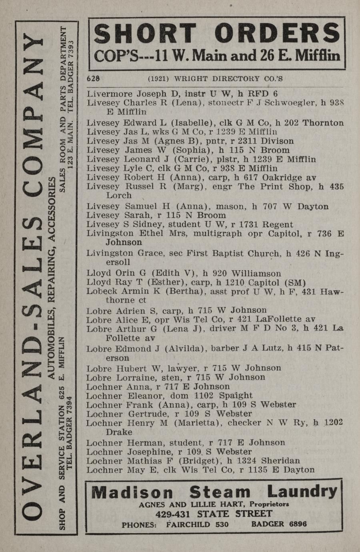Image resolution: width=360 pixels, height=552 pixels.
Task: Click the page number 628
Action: (93, 79)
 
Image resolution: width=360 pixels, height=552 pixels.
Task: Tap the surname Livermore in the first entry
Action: (110, 94)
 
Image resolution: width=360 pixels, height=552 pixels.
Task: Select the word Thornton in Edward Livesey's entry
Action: (323, 123)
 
